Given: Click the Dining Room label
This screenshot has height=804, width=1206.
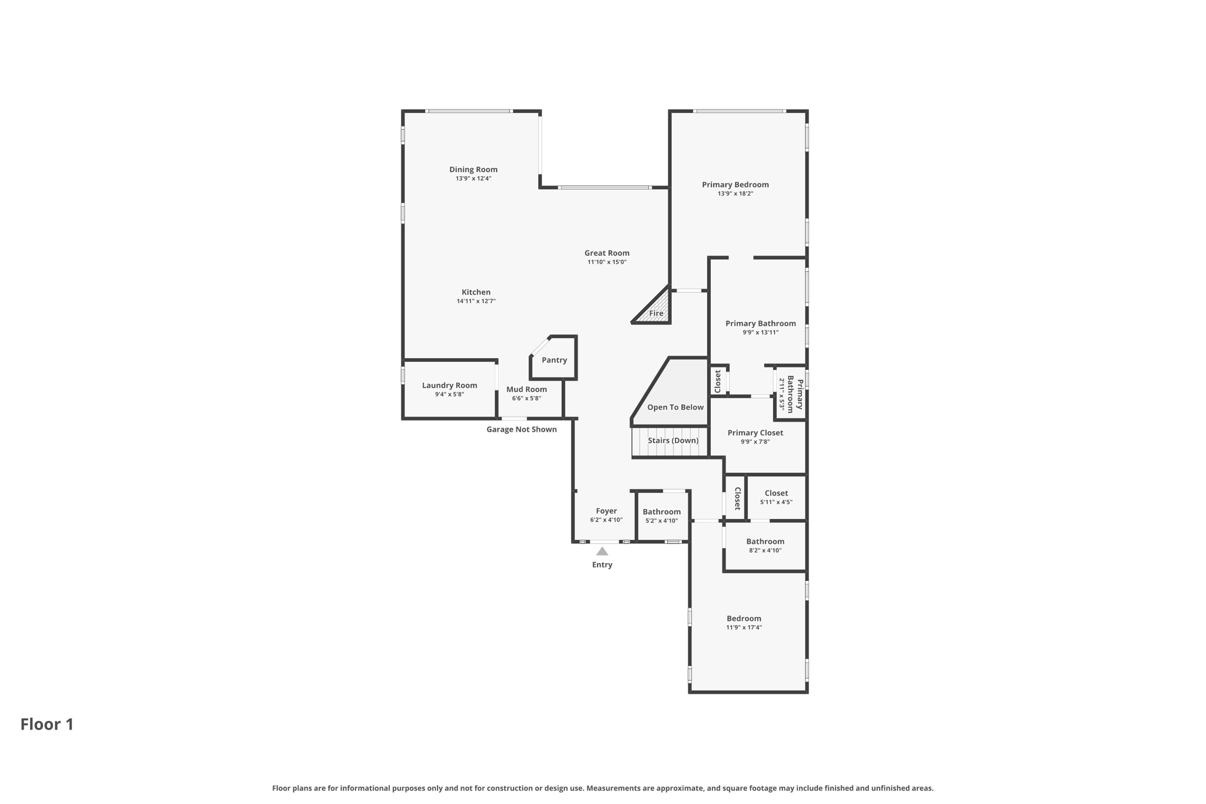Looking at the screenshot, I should (x=473, y=170).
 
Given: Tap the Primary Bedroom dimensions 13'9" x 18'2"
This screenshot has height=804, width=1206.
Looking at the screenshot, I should (x=735, y=194).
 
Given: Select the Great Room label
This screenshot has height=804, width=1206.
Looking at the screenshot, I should (x=607, y=253).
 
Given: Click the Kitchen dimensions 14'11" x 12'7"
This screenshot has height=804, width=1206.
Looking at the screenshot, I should (x=476, y=302).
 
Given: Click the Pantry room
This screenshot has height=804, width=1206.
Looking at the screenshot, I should (x=554, y=360).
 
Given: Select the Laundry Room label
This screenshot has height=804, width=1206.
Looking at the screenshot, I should (x=449, y=386).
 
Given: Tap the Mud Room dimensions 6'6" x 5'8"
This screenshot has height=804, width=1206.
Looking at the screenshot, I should (x=526, y=399).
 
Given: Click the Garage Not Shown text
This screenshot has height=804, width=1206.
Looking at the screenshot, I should (x=521, y=429).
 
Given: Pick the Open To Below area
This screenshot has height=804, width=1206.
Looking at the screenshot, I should (x=675, y=407).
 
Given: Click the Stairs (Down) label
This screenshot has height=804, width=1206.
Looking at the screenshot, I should (x=673, y=441).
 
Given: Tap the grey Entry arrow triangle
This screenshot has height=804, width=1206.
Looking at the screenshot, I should (x=602, y=552).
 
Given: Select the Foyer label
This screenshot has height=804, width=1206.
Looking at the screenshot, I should (x=606, y=511).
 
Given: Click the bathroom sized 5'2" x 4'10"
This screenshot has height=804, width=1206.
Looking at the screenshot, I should (x=661, y=516).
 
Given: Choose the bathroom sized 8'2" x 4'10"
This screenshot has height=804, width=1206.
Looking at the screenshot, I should (x=765, y=545).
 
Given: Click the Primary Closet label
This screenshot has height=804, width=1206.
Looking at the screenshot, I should (x=755, y=433).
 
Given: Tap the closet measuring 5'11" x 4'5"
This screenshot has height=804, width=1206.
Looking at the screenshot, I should (x=776, y=497).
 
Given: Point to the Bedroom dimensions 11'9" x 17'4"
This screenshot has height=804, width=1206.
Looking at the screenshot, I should (x=744, y=628).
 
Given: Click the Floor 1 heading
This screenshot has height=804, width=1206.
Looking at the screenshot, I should (x=47, y=724).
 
